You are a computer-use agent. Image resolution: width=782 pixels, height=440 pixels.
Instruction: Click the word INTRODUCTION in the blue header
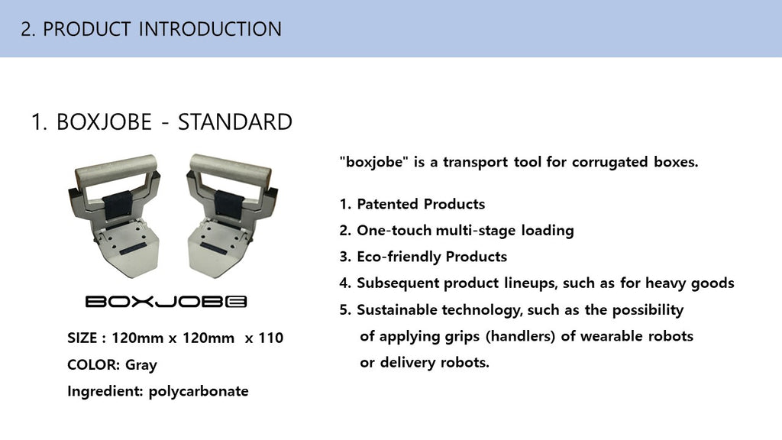[210, 29]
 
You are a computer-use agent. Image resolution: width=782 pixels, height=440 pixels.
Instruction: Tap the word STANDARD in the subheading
[235, 122]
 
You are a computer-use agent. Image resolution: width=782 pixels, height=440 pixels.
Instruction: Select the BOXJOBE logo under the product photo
[166, 301]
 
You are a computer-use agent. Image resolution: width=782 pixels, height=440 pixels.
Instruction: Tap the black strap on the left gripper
[118, 204]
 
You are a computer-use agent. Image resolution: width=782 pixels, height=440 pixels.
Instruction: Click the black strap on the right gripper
[228, 204]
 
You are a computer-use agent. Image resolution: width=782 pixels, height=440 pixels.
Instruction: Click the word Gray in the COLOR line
[141, 365]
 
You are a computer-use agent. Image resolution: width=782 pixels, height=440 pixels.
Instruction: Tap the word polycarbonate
[199, 392]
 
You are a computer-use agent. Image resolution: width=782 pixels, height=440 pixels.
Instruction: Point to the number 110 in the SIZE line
[271, 338]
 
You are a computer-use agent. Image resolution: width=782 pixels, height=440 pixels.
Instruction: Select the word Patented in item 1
[387, 204]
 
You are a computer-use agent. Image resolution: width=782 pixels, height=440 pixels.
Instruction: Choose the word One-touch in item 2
[393, 231]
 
